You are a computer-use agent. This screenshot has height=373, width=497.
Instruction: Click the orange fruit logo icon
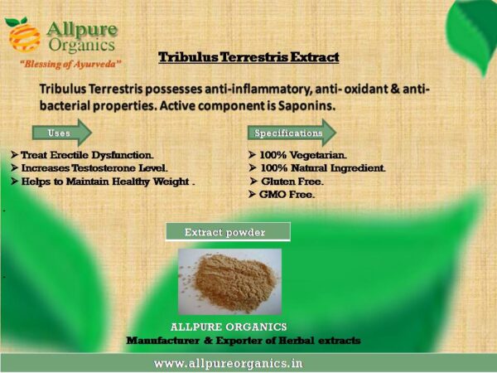click(x=23, y=35)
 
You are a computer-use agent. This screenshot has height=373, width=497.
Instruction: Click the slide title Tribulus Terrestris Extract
click(x=248, y=57)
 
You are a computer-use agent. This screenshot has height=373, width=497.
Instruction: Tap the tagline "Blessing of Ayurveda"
click(x=70, y=64)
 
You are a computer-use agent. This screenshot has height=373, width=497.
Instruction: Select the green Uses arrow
click(x=62, y=133)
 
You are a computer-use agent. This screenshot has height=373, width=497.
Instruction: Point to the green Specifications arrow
click(x=292, y=133)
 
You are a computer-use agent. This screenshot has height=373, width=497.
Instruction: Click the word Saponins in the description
click(x=306, y=105)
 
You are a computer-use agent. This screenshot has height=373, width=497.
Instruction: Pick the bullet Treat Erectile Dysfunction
click(x=82, y=155)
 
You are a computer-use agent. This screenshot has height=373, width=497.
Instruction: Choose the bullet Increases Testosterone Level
click(x=89, y=168)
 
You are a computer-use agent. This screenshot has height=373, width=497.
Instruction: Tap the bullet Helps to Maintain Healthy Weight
click(x=103, y=182)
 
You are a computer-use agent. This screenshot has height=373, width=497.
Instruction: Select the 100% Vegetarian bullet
click(x=297, y=155)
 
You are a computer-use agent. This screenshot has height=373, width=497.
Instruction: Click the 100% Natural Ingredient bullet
click(x=317, y=168)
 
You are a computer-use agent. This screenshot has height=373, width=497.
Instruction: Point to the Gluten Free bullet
click(x=287, y=182)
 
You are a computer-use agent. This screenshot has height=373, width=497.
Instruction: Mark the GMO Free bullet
click(x=282, y=194)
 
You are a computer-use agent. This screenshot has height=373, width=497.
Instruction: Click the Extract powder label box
click(x=228, y=232)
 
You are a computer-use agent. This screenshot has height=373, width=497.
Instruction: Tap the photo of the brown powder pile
click(x=229, y=281)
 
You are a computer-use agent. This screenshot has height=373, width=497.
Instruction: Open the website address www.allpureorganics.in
click(x=229, y=364)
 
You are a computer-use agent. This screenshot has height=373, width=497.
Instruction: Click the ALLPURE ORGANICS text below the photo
click(x=229, y=327)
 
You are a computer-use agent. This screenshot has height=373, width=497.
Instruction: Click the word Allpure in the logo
click(x=82, y=30)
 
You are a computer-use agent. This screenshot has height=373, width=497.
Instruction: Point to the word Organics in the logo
click(x=82, y=45)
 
